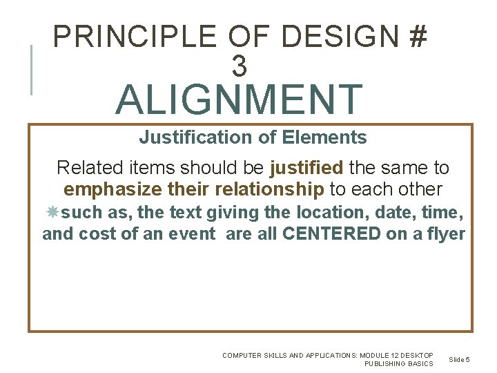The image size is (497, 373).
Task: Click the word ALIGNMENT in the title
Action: [x=239, y=99]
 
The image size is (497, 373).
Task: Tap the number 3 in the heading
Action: [x=239, y=67]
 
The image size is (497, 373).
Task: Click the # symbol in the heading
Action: [x=417, y=37]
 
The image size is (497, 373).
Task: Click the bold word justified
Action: [x=306, y=168]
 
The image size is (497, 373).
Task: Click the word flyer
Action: [x=445, y=234]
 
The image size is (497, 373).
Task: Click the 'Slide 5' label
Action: [x=459, y=359]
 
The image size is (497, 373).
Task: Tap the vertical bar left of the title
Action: [x=31, y=69]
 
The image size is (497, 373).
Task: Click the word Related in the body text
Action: [x=83, y=168]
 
